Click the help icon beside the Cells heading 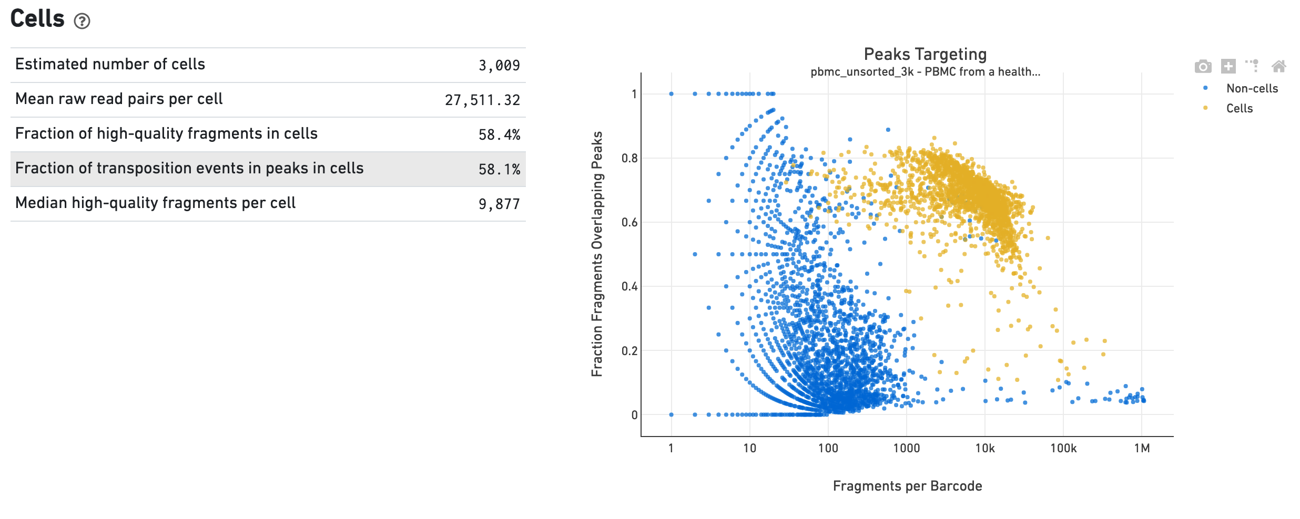pyautogui.click(x=82, y=21)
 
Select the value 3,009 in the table pyautogui.click(x=499, y=66)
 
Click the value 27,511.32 pyautogui.click(x=482, y=100)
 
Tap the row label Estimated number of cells pyautogui.click(x=110, y=64)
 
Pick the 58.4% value pyautogui.click(x=499, y=135)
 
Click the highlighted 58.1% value pyautogui.click(x=499, y=170)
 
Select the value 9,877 pyautogui.click(x=499, y=204)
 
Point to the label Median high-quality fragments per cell pyautogui.click(x=155, y=203)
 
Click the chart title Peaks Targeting pyautogui.click(x=925, y=54)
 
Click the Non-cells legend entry pyautogui.click(x=1252, y=88)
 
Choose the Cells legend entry pyautogui.click(x=1239, y=108)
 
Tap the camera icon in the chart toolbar pyautogui.click(x=1203, y=66)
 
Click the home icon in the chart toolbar pyautogui.click(x=1278, y=66)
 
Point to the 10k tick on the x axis pyautogui.click(x=984, y=448)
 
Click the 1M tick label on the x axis pyautogui.click(x=1142, y=448)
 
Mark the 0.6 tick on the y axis pyautogui.click(x=629, y=222)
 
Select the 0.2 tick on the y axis pyautogui.click(x=629, y=350)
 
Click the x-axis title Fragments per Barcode pyautogui.click(x=907, y=486)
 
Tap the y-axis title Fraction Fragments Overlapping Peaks pyautogui.click(x=597, y=254)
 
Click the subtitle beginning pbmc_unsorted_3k pyautogui.click(x=925, y=72)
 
